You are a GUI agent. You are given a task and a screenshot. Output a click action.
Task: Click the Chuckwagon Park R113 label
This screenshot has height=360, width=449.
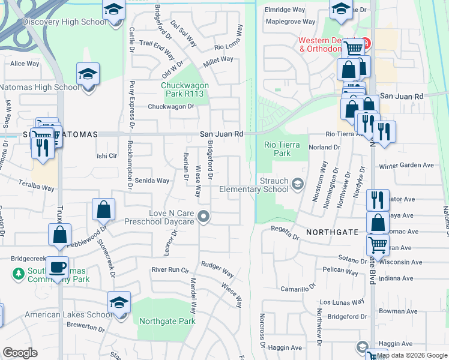(x=185, y=89)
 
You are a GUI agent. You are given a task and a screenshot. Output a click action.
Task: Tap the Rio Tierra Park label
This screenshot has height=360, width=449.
(x=277, y=149)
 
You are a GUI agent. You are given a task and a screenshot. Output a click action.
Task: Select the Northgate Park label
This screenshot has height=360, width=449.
(x=167, y=321)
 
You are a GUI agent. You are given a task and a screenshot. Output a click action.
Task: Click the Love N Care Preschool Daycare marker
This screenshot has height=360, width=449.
(x=205, y=217)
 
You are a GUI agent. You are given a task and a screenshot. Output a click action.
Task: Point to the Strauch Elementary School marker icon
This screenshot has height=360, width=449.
(x=297, y=182)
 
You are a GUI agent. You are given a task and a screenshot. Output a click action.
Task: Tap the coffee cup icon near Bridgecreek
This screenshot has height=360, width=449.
(x=58, y=267)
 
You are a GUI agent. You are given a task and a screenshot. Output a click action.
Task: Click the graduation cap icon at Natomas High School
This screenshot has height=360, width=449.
(x=88, y=74)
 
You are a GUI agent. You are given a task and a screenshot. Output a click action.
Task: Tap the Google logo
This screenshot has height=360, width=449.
(x=20, y=353)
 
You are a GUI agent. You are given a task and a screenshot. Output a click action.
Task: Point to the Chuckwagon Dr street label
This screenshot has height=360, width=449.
(x=172, y=107)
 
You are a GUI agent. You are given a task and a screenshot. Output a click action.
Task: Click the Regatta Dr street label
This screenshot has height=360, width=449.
(x=285, y=233)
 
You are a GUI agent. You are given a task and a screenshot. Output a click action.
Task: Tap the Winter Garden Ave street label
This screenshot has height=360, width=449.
(x=406, y=166)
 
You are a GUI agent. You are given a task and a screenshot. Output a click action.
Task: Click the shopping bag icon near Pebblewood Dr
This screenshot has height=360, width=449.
(x=104, y=209)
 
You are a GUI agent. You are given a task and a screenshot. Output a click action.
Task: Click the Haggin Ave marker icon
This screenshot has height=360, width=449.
(x=362, y=346)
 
